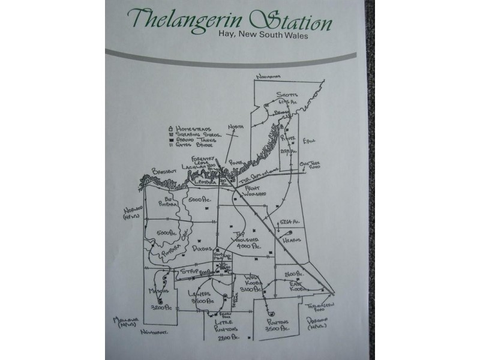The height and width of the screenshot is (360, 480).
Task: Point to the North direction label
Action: coord(236,127)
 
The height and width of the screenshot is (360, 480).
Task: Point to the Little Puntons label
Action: coord(225,325)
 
